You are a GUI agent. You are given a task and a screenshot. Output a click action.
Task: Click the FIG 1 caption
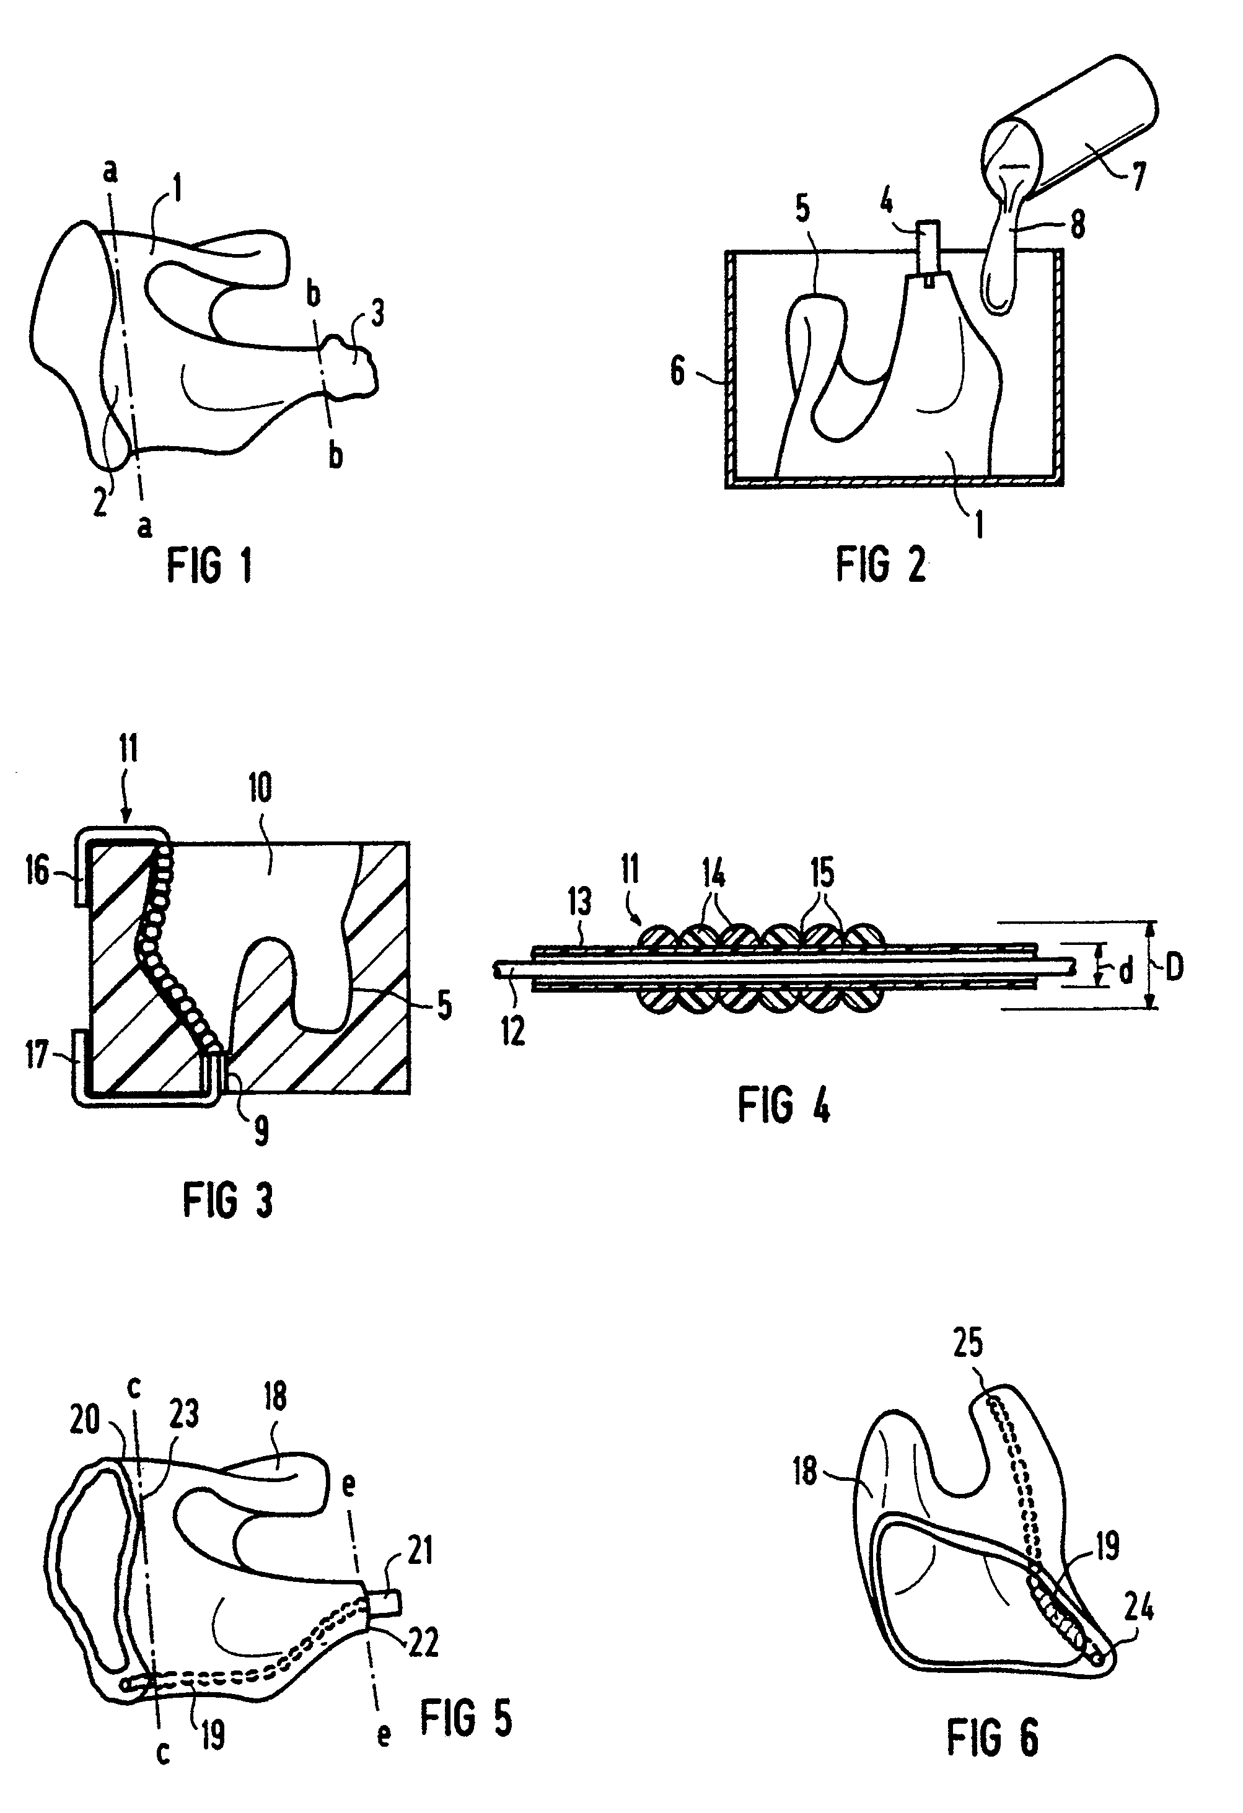(x=209, y=566)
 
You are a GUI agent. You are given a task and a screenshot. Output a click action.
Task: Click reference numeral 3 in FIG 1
(x=377, y=314)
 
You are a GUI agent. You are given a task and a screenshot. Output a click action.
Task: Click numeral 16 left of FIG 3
(x=37, y=871)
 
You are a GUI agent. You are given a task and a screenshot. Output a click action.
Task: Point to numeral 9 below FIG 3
(x=261, y=1128)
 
